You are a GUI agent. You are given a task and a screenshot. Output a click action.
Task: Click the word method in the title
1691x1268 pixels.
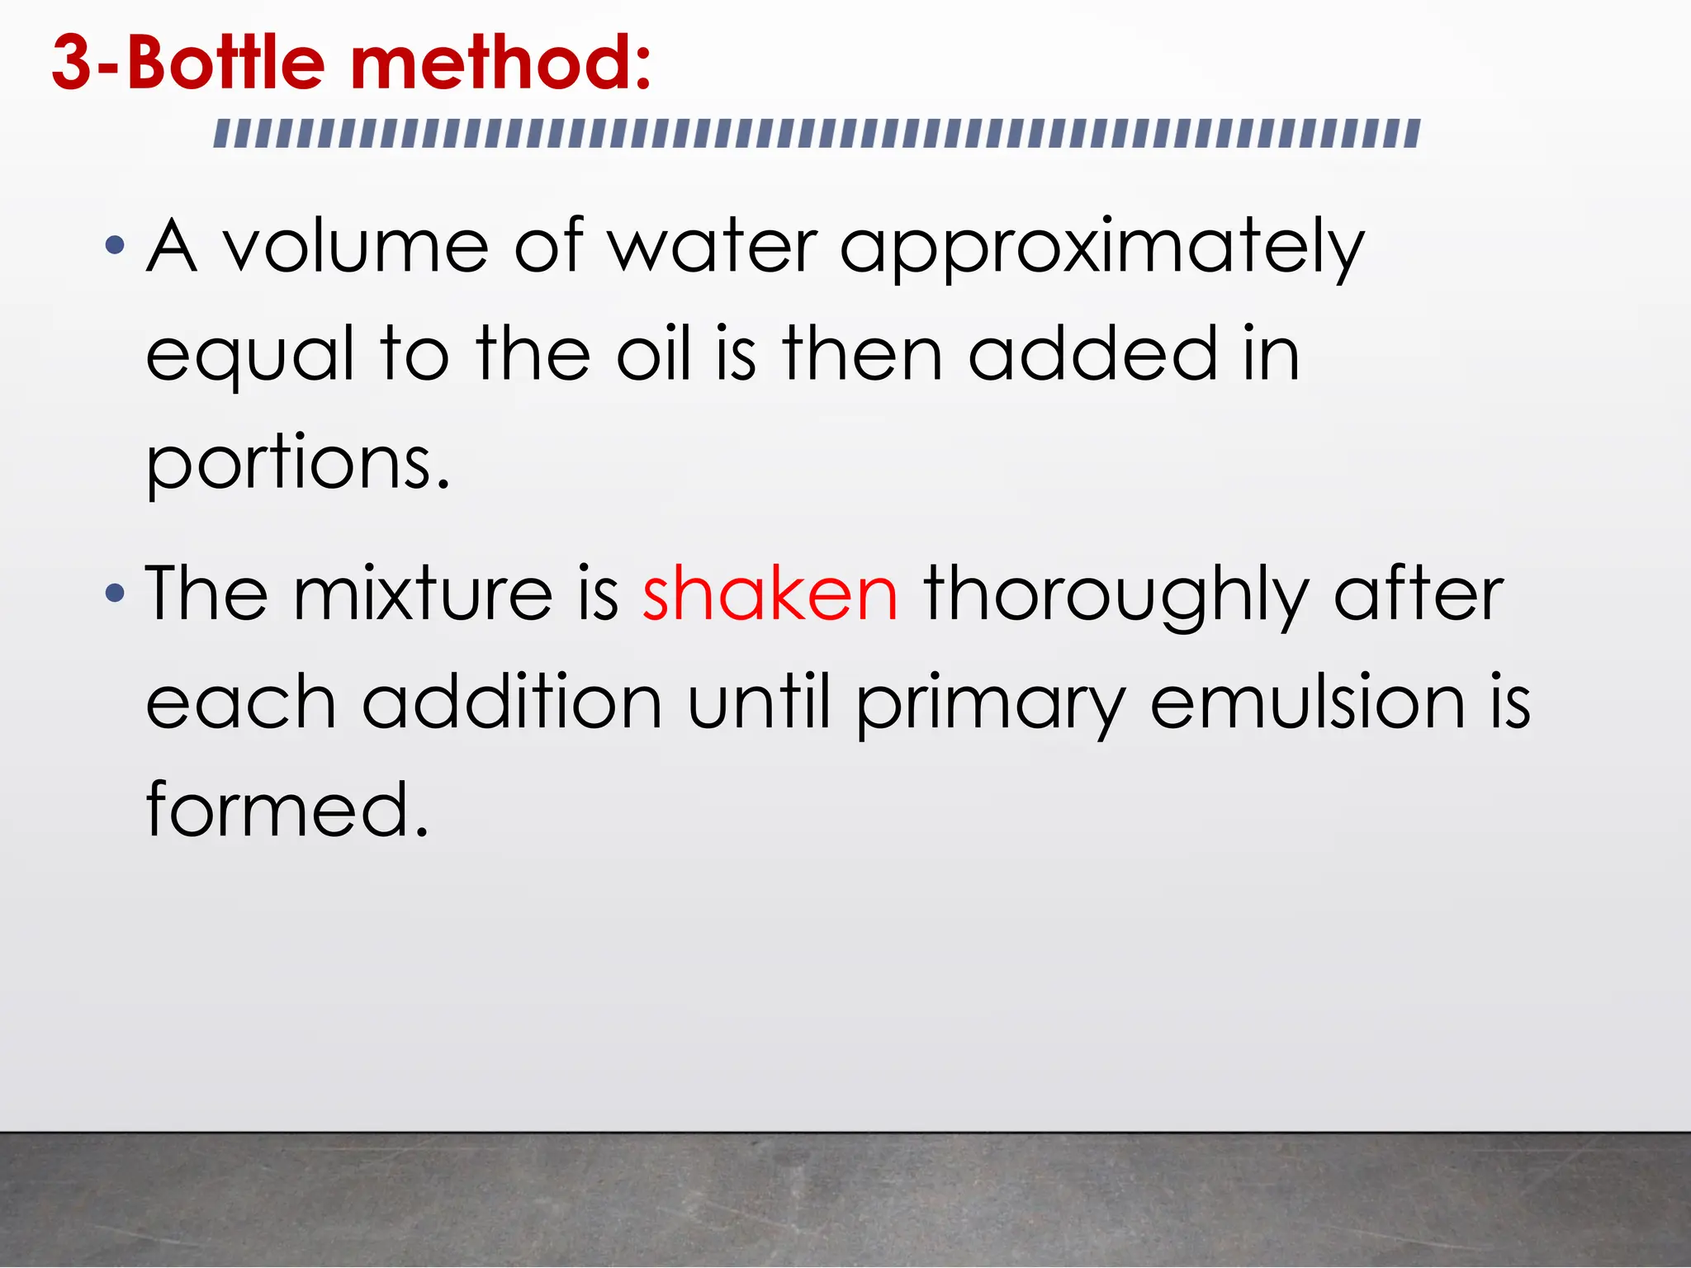[501, 64]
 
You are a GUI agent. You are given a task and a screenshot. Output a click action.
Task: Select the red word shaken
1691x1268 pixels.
[770, 594]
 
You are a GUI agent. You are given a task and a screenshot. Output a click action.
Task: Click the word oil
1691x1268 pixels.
[654, 354]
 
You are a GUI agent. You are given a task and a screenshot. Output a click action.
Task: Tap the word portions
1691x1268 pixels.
[297, 463]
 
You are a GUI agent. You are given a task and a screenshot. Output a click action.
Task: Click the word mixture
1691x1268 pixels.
[423, 594]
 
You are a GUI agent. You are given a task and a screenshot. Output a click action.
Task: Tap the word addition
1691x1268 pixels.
[512, 703]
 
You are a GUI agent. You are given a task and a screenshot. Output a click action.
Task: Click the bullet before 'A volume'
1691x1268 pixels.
[115, 245]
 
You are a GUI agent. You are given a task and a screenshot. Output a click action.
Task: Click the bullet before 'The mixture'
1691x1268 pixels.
[115, 593]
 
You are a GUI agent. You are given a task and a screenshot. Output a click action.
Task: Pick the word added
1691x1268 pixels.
[1092, 354]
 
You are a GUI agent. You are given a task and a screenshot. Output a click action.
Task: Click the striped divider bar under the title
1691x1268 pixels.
[817, 134]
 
